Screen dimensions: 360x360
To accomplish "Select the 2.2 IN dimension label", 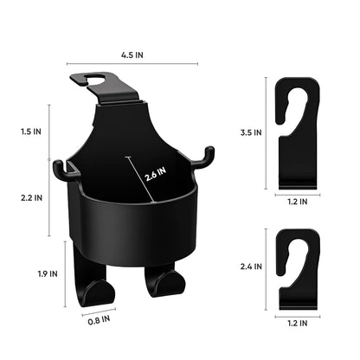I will tap(29, 197).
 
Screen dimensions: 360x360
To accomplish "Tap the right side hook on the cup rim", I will tap(206, 157).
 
